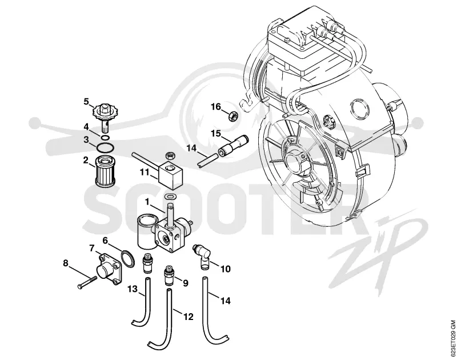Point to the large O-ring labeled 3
pos(105,148)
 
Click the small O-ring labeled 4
pos(106,137)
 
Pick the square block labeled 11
pos(170,174)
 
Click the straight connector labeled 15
pos(232,145)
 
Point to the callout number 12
pos(189,317)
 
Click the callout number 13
pos(133,289)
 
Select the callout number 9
pos(186,283)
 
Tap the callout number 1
pos(147,201)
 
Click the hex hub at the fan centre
pos(294,161)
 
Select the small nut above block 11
pos(170,155)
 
